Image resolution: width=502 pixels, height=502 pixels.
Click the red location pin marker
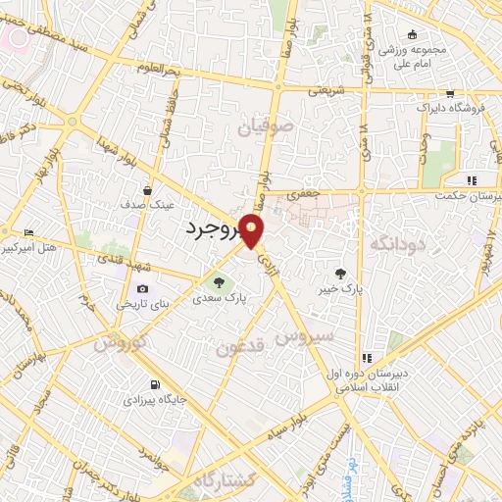click(252, 231)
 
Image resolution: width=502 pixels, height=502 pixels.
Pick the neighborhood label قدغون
click(240, 347)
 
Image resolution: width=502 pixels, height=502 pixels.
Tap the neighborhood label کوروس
click(121, 343)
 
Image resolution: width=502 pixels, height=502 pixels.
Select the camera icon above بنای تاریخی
click(143, 288)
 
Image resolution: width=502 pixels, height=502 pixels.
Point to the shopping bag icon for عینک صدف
click(147, 190)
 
